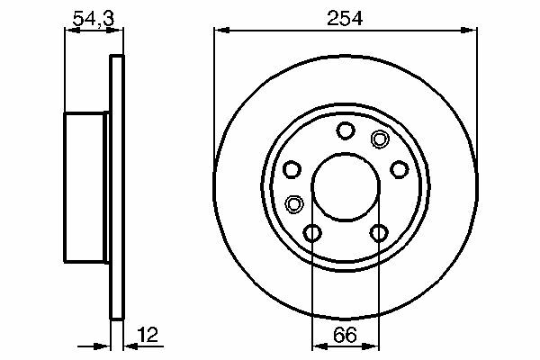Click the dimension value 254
[345, 19]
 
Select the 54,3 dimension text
[94, 19]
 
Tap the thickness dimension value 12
[148, 335]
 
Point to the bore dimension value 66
[345, 335]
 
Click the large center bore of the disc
[346, 186]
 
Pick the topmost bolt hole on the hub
[346, 130]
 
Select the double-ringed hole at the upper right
[380, 139]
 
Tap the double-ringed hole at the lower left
[294, 204]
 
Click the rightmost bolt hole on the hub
[400, 169]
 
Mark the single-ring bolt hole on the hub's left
[292, 169]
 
